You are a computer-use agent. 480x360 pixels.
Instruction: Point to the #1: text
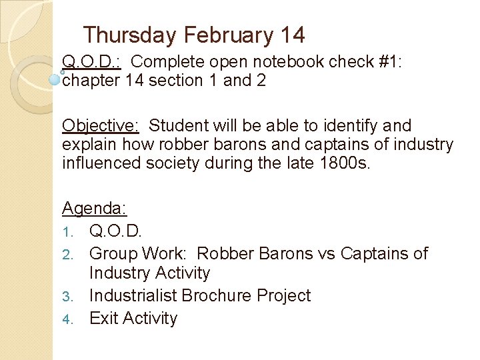[x=391, y=62]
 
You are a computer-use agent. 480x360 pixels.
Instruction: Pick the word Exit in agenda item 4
[x=103, y=318]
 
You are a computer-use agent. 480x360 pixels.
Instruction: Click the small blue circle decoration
[x=55, y=79]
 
